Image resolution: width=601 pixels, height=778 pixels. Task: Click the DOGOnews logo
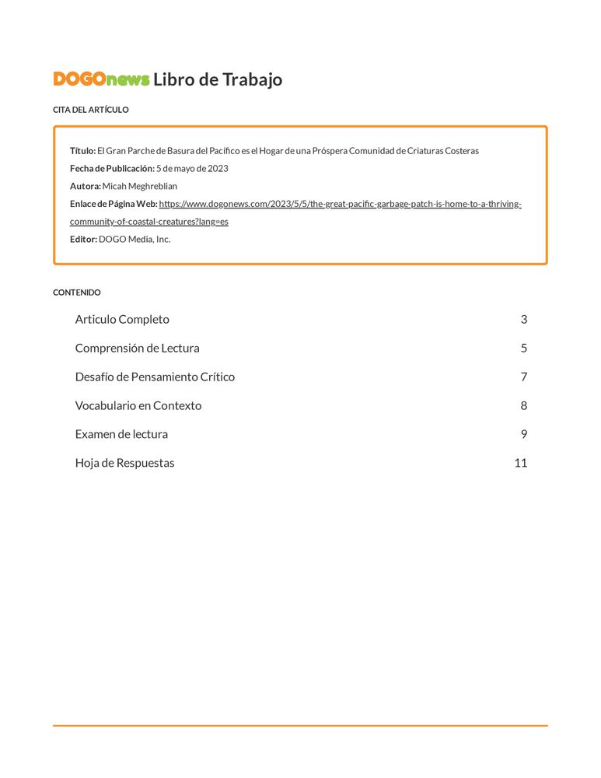coord(101,79)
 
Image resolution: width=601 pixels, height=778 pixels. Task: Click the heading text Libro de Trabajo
coord(218,79)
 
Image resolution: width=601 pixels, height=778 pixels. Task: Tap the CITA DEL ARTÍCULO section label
coord(91,110)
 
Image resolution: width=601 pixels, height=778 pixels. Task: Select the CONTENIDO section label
coord(77,293)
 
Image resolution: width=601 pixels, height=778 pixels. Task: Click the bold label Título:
coord(82,151)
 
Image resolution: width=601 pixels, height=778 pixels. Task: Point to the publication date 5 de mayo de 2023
coord(192,169)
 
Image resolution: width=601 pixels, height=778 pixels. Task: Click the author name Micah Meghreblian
coord(140,186)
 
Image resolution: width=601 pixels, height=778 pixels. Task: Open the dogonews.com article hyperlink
coord(340,204)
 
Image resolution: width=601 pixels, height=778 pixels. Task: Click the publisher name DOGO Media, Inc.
coord(135,239)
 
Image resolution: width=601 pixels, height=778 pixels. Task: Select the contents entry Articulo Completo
coord(122,319)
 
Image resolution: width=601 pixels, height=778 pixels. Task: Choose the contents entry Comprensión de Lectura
coord(137,348)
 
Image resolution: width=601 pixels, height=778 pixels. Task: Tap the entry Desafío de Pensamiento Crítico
coord(155,377)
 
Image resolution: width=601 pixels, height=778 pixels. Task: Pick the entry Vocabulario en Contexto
coord(138,405)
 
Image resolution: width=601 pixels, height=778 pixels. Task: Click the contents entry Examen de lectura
coord(121,434)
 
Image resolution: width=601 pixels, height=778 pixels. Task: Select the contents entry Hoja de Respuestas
coord(124,463)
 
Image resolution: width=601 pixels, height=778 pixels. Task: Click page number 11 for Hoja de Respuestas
coord(520,463)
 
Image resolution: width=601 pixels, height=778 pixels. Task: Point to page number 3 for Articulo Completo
coord(524,319)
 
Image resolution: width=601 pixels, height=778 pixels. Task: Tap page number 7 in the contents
coord(524,377)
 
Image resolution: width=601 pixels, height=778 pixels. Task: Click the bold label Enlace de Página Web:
coord(114,204)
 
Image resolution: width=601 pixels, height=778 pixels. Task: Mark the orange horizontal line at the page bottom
coord(300,726)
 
